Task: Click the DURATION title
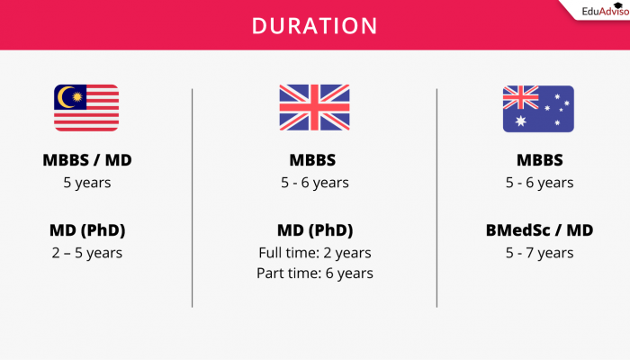tap(314, 26)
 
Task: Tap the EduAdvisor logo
tap(593, 12)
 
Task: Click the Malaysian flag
tap(86, 109)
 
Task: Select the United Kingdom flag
tap(314, 109)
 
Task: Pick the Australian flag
tap(538, 109)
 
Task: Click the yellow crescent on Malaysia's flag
tap(67, 97)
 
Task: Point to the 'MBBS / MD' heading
tap(86, 161)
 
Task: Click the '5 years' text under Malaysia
tap(86, 183)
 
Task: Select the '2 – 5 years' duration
tap(86, 252)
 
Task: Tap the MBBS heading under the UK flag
tap(314, 161)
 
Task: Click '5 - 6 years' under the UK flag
tap(314, 183)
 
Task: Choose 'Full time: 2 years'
tap(314, 252)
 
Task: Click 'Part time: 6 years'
tap(314, 273)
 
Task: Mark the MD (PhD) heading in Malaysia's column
tap(86, 230)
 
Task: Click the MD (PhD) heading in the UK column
tap(314, 230)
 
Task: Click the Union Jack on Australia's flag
tap(520, 97)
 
